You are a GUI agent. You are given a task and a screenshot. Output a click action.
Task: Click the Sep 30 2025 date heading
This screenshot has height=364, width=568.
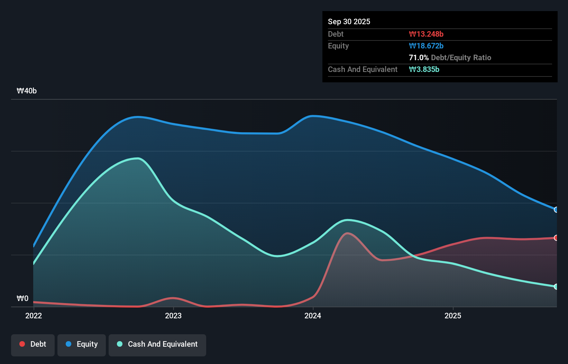coord(349,21)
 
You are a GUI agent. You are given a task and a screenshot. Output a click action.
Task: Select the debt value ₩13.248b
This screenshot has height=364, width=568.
coord(426,34)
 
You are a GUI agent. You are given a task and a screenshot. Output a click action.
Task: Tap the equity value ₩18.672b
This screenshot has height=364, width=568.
coord(426,46)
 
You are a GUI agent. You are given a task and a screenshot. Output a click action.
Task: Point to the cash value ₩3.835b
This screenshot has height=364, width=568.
coord(424,69)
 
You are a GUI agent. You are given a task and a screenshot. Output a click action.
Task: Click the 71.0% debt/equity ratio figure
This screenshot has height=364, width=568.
coord(419,57)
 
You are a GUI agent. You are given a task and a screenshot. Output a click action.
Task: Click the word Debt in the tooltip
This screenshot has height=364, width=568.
coord(336,34)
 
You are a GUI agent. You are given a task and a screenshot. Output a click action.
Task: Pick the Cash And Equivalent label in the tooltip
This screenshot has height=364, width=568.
coord(363,69)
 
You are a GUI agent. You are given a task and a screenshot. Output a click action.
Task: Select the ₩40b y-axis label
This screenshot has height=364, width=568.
coord(27,91)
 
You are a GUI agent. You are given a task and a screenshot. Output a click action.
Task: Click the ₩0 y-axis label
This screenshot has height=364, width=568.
coord(22,298)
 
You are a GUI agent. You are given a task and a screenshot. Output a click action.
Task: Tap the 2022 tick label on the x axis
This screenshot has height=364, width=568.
coord(34,316)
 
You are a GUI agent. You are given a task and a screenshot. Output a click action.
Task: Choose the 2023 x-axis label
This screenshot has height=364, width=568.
coord(173,316)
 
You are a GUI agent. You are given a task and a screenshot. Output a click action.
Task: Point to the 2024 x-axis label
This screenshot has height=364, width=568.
coord(313,316)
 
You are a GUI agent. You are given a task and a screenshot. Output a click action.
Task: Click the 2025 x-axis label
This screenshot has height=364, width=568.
coord(453,316)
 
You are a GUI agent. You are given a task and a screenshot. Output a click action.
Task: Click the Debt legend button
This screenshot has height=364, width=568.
coord(33,344)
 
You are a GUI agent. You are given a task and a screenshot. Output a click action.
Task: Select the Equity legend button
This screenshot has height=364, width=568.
coord(82,344)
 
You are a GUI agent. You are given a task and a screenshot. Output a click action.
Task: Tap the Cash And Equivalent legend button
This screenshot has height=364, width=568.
coord(157,344)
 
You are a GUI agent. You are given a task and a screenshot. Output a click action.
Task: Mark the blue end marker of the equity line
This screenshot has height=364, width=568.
coord(556,210)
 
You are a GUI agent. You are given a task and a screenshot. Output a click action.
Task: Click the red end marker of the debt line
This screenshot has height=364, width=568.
coord(556,238)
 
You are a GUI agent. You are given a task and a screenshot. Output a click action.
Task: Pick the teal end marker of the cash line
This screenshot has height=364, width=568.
coord(556,286)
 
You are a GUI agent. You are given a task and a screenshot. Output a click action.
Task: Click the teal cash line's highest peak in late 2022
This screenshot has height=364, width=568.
coord(138,158)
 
